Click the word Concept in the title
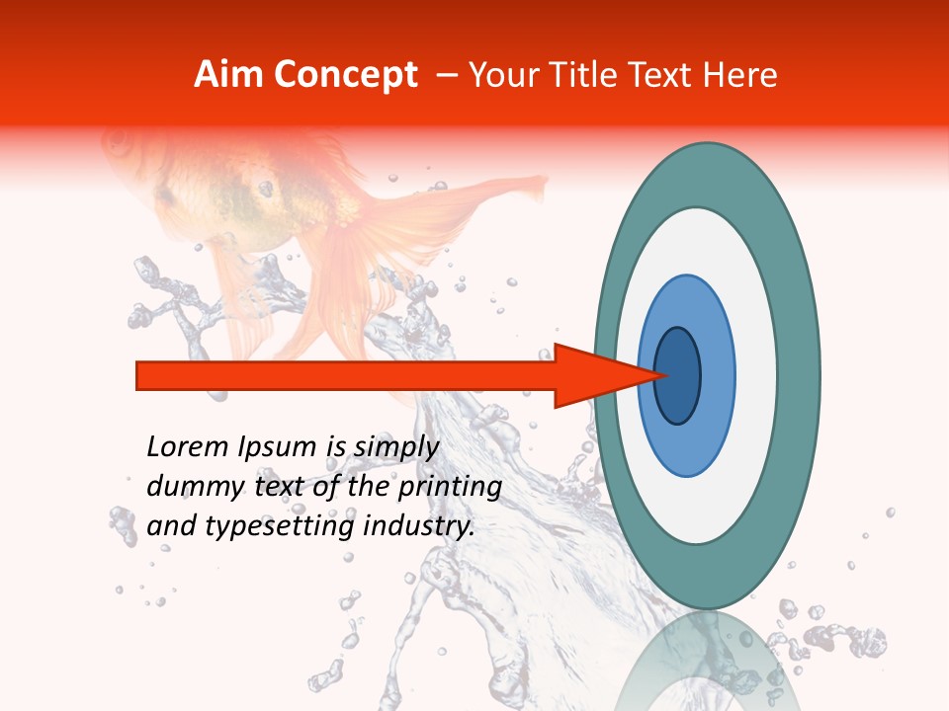tap(343, 75)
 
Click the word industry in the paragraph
tap(419, 526)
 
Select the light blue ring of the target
tap(717, 375)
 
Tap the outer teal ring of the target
tap(801, 375)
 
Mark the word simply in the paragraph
tap(395, 447)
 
